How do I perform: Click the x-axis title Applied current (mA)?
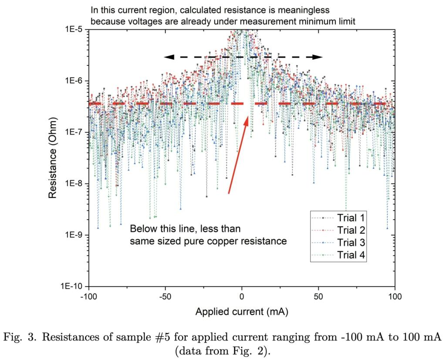click(x=242, y=312)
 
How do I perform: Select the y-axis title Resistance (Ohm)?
click(x=53, y=158)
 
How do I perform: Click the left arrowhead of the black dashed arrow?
click(x=167, y=57)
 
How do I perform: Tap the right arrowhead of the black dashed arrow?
click(x=320, y=57)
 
